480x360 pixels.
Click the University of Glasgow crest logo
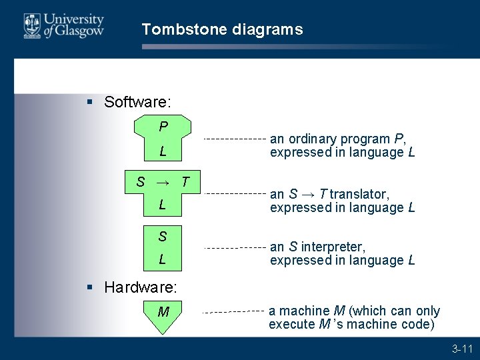tap(32, 25)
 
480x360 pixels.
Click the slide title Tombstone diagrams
tap(222, 29)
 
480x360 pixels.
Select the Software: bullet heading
tap(138, 102)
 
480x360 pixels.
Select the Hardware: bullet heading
tap(141, 288)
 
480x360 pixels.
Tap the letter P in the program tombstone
tap(163, 127)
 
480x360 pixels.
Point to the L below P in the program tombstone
tap(163, 152)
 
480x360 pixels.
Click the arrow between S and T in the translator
tap(162, 182)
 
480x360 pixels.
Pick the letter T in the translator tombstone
tap(185, 181)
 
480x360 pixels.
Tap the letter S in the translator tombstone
tap(141, 181)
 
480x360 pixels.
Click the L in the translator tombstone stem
tap(162, 205)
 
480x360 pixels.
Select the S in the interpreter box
tap(163, 236)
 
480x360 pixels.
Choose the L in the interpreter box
tap(163, 259)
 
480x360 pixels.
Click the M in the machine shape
tap(163, 311)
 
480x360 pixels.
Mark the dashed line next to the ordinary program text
tap(233, 139)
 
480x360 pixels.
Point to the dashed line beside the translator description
tap(233, 193)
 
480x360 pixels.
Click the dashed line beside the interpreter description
tap(233, 247)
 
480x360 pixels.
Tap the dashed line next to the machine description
tap(233, 311)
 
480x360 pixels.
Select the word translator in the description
tap(359, 194)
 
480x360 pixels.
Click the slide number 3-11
tap(462, 348)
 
